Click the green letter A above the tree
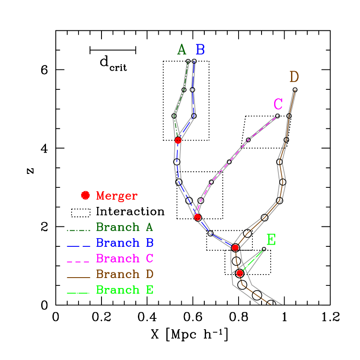pos(182,50)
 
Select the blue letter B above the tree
pos(200,50)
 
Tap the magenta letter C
pos(278,104)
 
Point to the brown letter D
pos(294,77)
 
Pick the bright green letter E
pos(271,239)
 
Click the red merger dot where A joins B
pos(178,140)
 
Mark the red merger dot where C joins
pos(197,217)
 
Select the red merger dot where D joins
pos(235,247)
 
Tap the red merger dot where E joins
pos(240,273)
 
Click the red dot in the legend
pos(85,195)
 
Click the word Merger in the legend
pos(117,196)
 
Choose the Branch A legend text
pos(124,227)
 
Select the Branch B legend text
pos(124,243)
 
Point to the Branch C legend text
pos(124,259)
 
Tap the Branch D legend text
pos(124,274)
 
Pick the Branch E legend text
pos(124,290)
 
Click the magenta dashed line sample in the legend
pos(78,262)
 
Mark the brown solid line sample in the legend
pos(78,278)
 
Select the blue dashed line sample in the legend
pos(78,246)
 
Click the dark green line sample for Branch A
pos(78,230)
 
